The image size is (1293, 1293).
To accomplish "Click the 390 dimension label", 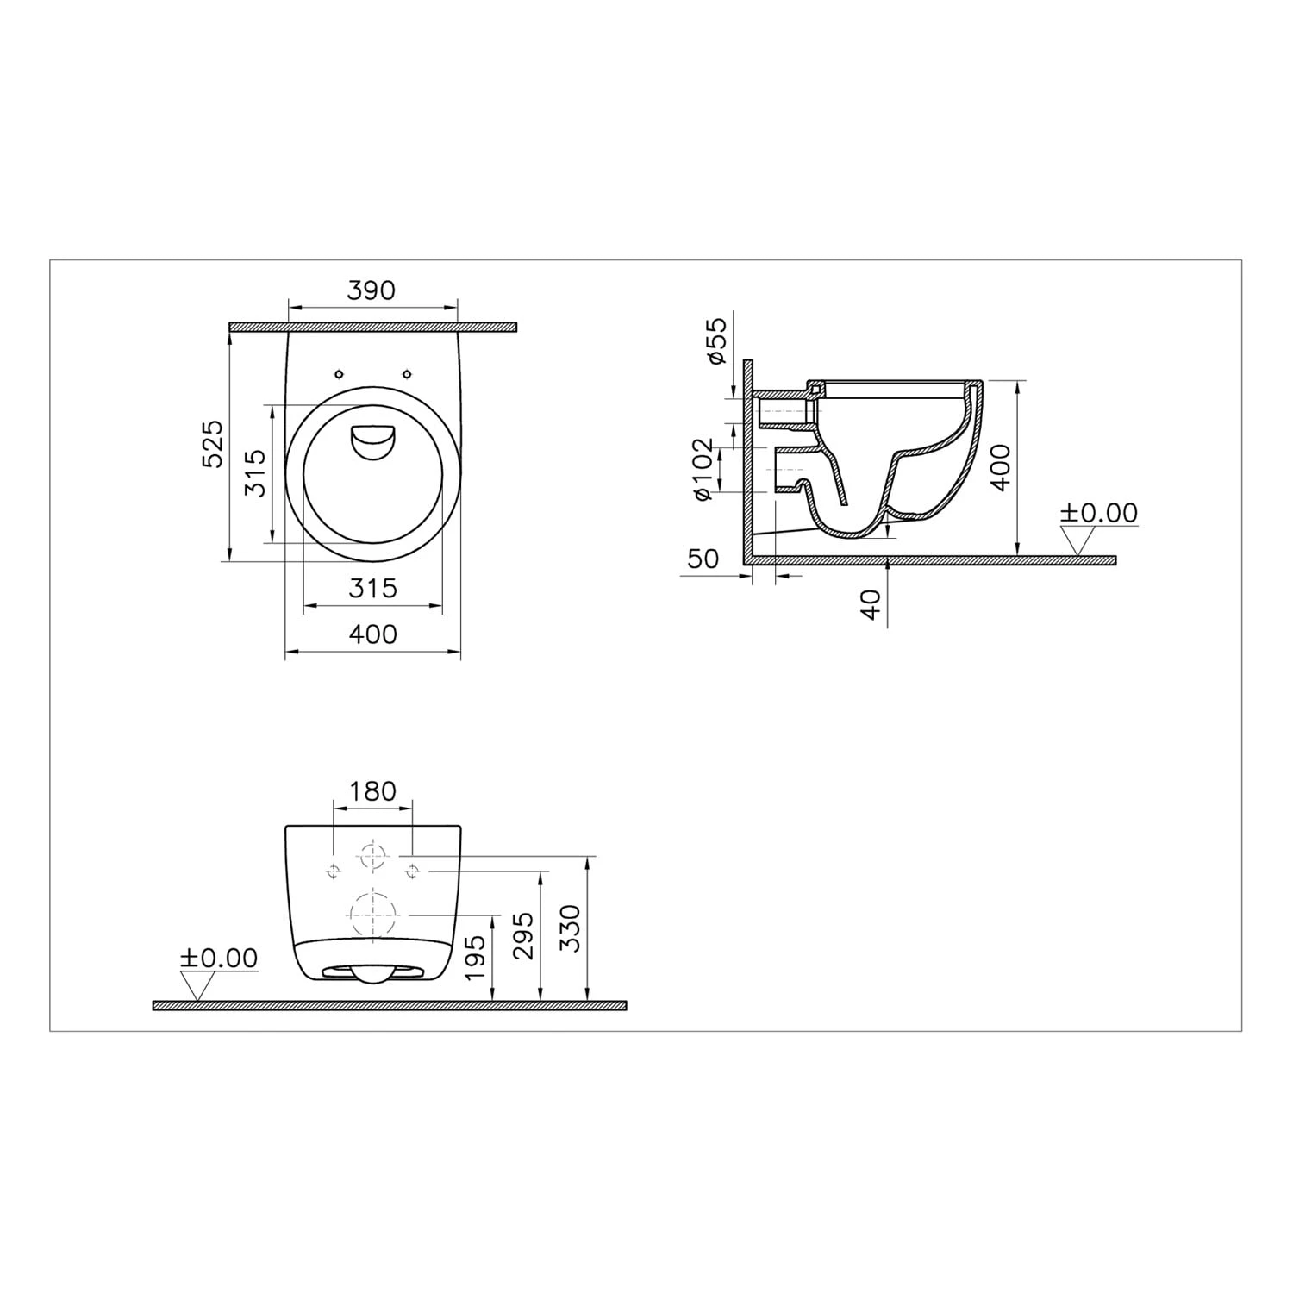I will (372, 290).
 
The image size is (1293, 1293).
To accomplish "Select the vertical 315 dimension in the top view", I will (255, 473).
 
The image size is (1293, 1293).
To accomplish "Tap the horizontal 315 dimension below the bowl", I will (372, 589).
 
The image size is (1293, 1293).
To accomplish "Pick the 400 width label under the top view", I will (372, 634).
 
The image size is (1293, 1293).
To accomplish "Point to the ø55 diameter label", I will (717, 340).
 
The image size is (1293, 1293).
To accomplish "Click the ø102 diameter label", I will (704, 469).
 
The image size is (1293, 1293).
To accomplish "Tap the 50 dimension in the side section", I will (703, 559).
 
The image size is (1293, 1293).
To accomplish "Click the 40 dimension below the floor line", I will (871, 604).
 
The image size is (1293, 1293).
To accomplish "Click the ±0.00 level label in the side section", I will (1098, 513).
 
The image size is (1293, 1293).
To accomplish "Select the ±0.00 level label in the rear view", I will (218, 958).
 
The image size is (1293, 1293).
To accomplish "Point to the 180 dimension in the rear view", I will (372, 791).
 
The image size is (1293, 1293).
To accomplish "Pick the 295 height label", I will (523, 935).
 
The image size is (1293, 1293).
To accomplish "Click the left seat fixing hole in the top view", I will (339, 373).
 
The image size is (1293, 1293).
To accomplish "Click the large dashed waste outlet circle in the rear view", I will (373, 913).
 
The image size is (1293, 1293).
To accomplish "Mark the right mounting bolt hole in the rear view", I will (412, 871).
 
